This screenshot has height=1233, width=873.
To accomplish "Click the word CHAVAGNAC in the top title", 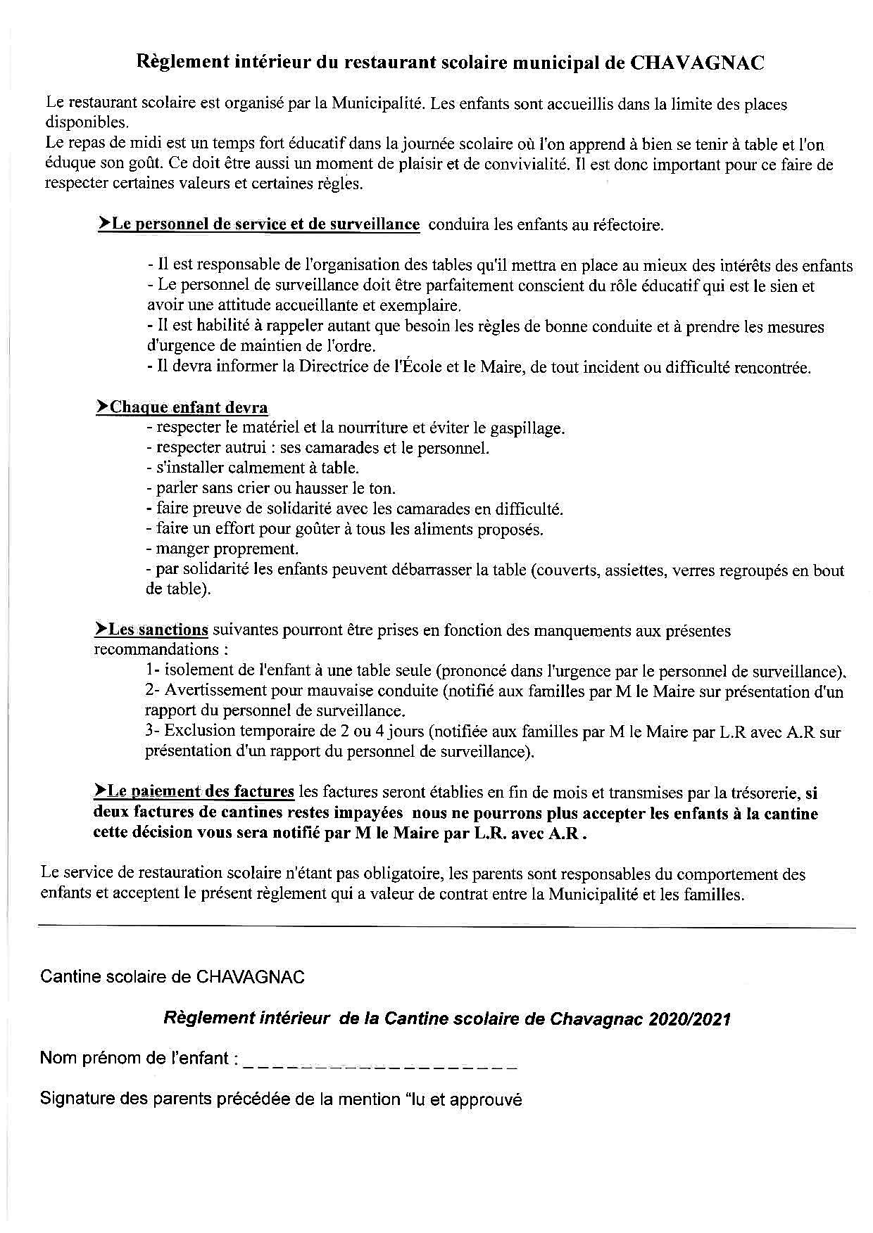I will [x=696, y=63].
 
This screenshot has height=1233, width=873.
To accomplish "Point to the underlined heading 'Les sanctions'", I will [x=158, y=630].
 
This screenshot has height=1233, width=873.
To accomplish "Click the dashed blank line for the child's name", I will [x=380, y=1059].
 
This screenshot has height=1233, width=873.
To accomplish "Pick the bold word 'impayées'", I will [x=362, y=813].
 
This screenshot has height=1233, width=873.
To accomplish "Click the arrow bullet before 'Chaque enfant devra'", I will [x=103, y=407].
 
